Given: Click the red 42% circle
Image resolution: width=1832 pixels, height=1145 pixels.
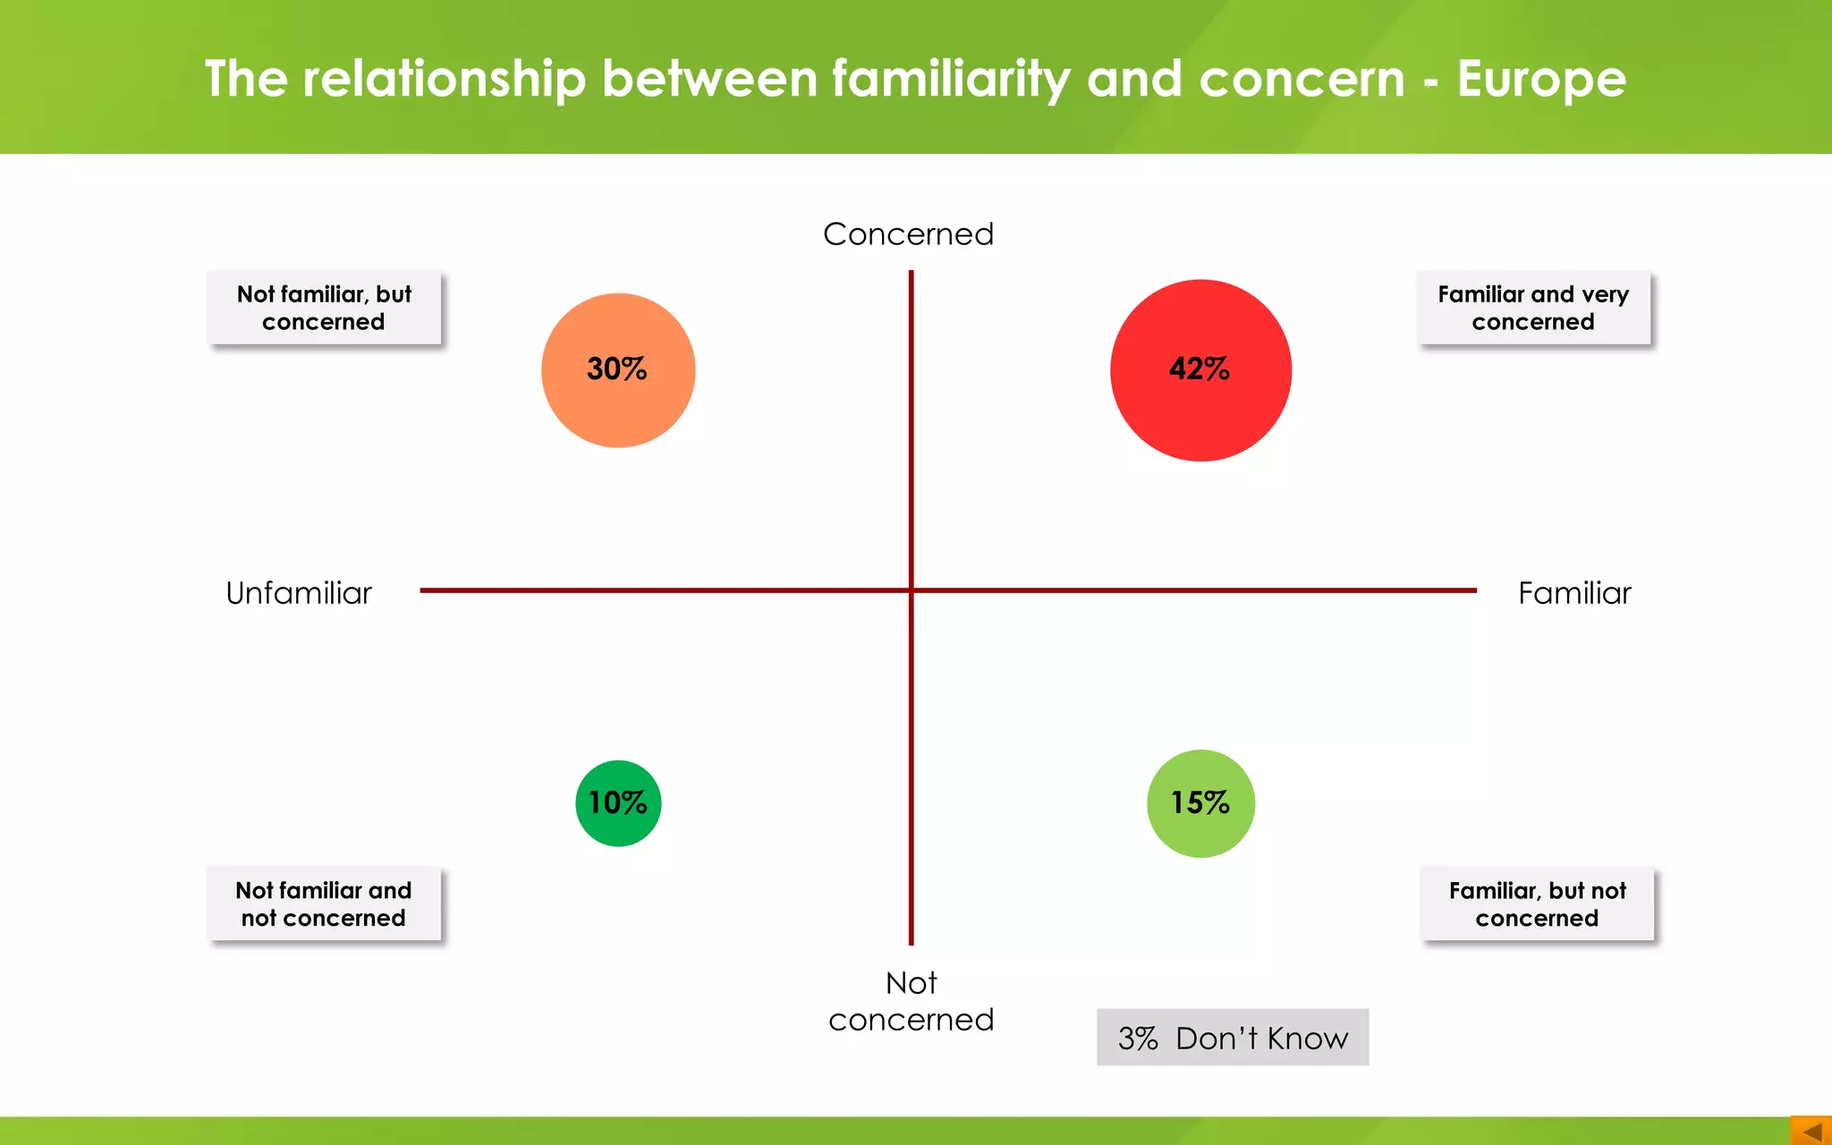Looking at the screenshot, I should pos(1200,370).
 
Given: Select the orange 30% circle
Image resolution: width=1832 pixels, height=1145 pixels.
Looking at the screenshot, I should pos(618,370).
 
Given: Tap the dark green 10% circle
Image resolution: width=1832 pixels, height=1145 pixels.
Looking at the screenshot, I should pos(618,803).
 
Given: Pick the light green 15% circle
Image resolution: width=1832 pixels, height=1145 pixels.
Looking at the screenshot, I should pos(1200,803).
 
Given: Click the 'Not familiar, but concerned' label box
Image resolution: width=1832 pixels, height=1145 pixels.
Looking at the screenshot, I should pos(324,308).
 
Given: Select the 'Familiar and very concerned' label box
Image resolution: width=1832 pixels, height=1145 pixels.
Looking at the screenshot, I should pos(1533,308).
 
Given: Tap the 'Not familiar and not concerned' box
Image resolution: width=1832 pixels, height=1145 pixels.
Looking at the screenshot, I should pos(324,903).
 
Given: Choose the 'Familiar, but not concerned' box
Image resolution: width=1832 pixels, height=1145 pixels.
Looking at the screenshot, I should pos(1537,903).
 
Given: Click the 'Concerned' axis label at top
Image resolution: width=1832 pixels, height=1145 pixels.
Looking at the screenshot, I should pos(908,234).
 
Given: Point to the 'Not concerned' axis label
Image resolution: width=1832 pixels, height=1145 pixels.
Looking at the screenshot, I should pos(911,1002).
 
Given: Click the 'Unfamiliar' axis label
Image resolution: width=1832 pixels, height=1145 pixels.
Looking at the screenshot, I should pos(299,593).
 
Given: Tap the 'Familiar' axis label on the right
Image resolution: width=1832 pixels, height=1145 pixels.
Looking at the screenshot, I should pos(1574,593).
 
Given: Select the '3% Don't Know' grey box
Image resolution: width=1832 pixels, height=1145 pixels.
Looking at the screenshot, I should pos(1233,1038).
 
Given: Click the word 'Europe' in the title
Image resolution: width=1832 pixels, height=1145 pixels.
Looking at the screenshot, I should pos(1541,79).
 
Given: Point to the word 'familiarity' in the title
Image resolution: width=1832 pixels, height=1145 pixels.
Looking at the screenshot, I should pos(951,79).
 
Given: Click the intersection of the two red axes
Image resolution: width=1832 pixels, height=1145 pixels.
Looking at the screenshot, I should pos(912,590).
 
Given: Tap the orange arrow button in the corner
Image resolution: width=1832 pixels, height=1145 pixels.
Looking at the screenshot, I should pos(1811,1131).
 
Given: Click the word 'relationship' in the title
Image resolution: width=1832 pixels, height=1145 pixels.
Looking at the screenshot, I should pos(444,79).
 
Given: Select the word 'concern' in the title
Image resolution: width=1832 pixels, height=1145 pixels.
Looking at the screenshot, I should pos(1302,79).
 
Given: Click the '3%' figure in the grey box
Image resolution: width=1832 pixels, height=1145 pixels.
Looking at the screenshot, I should pos(1138,1039).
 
